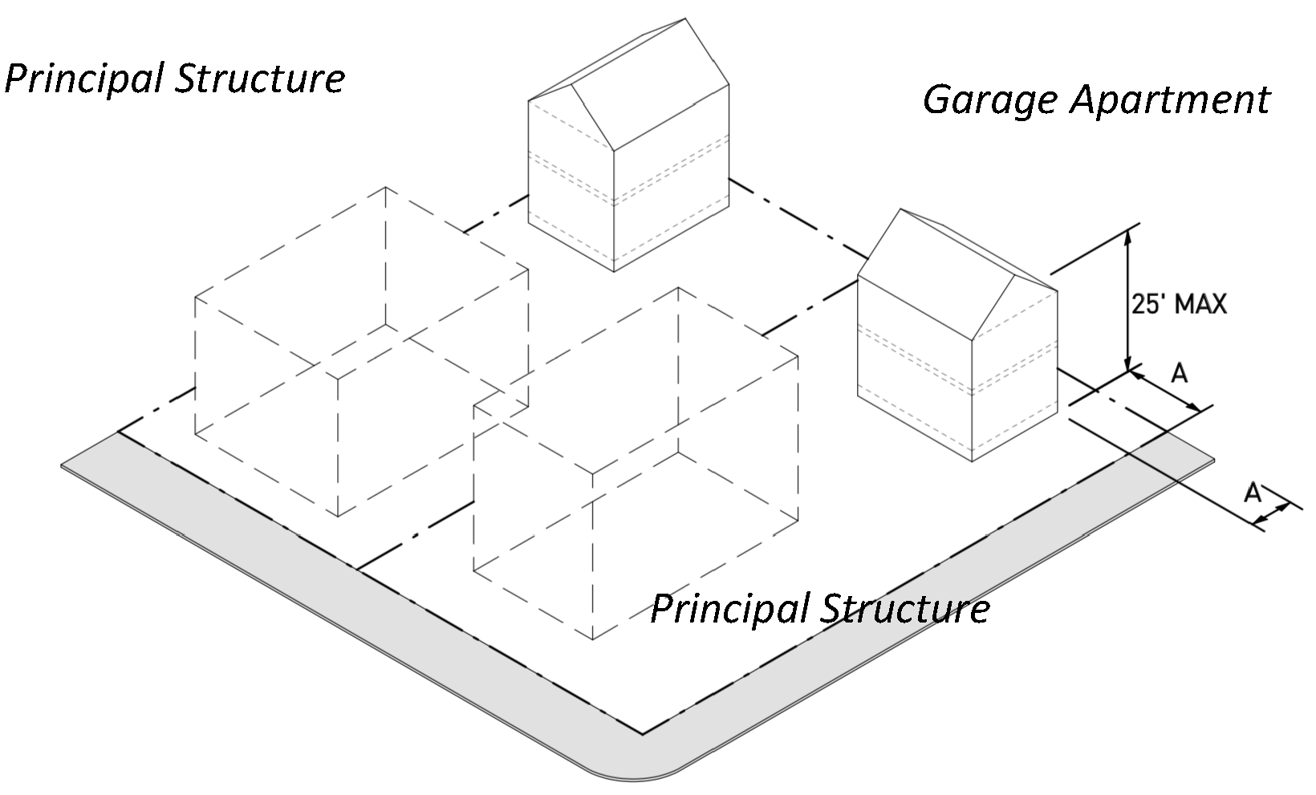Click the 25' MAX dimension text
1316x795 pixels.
[1179, 305]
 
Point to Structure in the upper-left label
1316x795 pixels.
[260, 78]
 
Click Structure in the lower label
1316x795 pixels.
[905, 608]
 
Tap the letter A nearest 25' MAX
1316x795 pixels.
[1179, 373]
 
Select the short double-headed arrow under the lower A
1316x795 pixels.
[1271, 513]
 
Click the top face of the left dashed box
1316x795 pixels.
[362, 283]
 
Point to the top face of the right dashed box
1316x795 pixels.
[636, 380]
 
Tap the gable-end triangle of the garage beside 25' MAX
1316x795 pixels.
[1015, 308]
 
